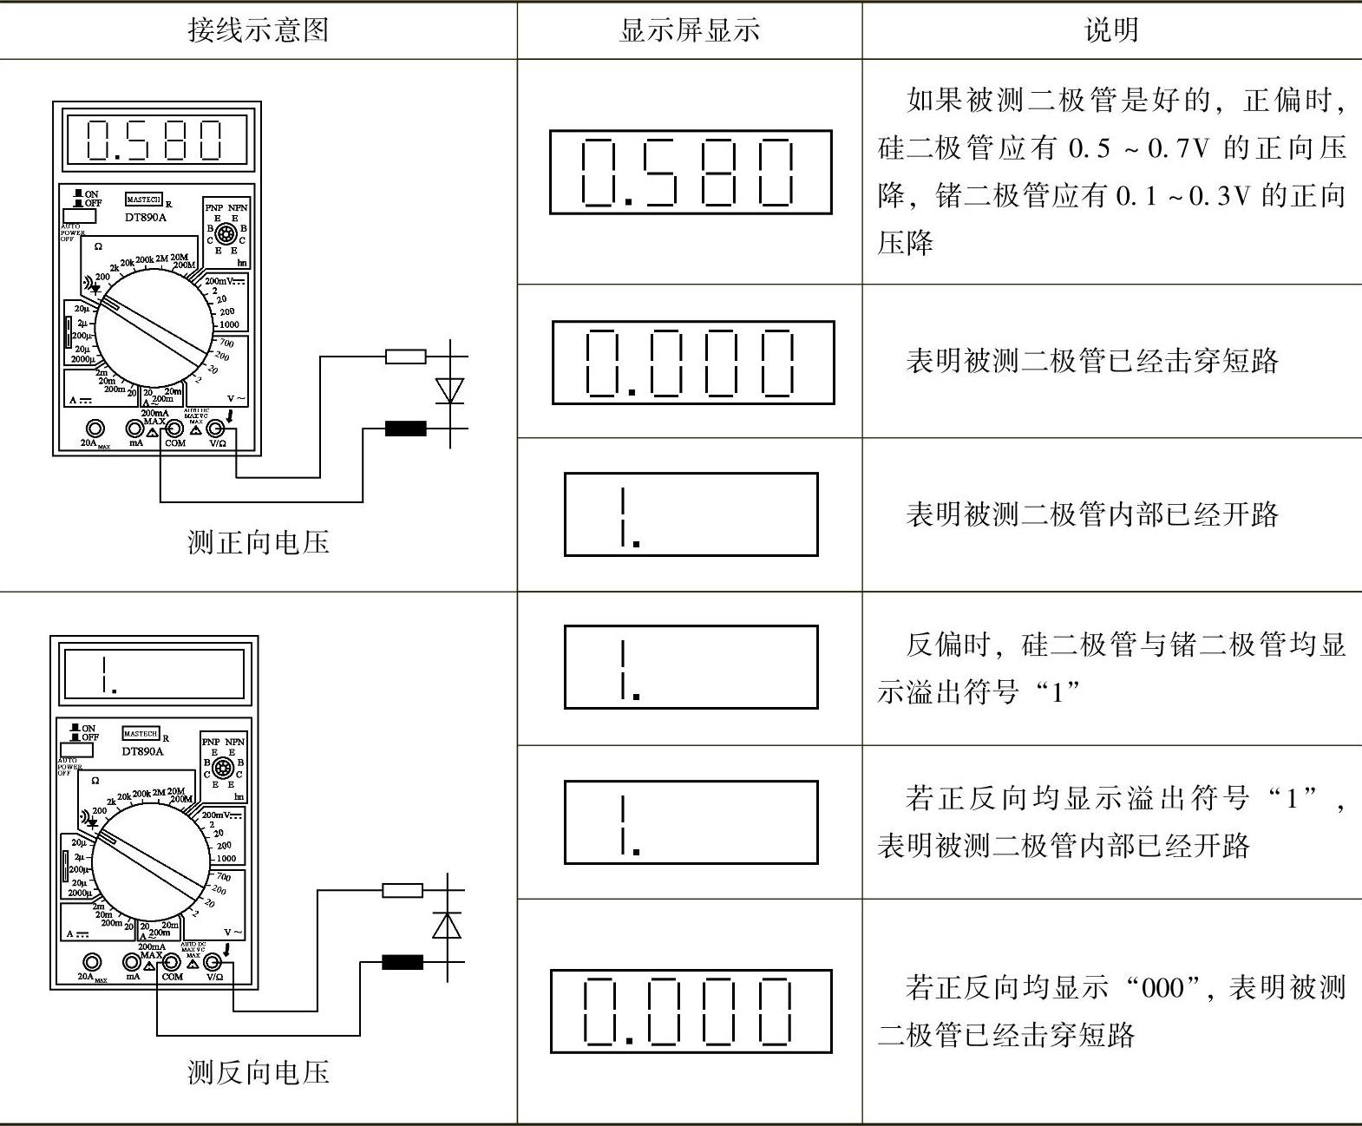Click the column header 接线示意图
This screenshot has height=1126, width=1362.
[x=259, y=30]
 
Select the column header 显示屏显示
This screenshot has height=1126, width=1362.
[x=690, y=30]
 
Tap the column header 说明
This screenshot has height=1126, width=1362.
[x=1111, y=30]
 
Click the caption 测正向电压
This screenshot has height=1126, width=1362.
[x=259, y=543]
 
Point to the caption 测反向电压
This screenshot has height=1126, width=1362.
[x=259, y=1073]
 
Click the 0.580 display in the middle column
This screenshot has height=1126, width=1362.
[x=691, y=172]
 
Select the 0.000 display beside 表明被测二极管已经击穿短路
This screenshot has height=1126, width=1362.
[x=692, y=363]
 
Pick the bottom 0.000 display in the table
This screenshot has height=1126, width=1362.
[x=691, y=1011]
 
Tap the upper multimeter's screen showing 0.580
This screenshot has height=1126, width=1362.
[x=157, y=140]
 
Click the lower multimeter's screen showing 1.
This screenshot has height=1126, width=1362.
[x=154, y=674]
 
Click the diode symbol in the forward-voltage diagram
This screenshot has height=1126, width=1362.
[x=449, y=391]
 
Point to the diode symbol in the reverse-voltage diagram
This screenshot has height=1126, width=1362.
[x=447, y=926]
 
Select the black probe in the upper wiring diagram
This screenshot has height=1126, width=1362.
[x=405, y=429]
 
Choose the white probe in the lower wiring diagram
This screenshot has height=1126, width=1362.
[x=403, y=890]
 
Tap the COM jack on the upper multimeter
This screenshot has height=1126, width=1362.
[x=174, y=429]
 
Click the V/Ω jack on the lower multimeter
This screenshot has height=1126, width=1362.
[x=213, y=962]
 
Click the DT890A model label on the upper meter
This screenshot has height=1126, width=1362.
[x=144, y=217]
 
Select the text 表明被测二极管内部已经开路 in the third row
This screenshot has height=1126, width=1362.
[x=1091, y=514]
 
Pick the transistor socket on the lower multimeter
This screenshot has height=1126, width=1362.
[x=222, y=768]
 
